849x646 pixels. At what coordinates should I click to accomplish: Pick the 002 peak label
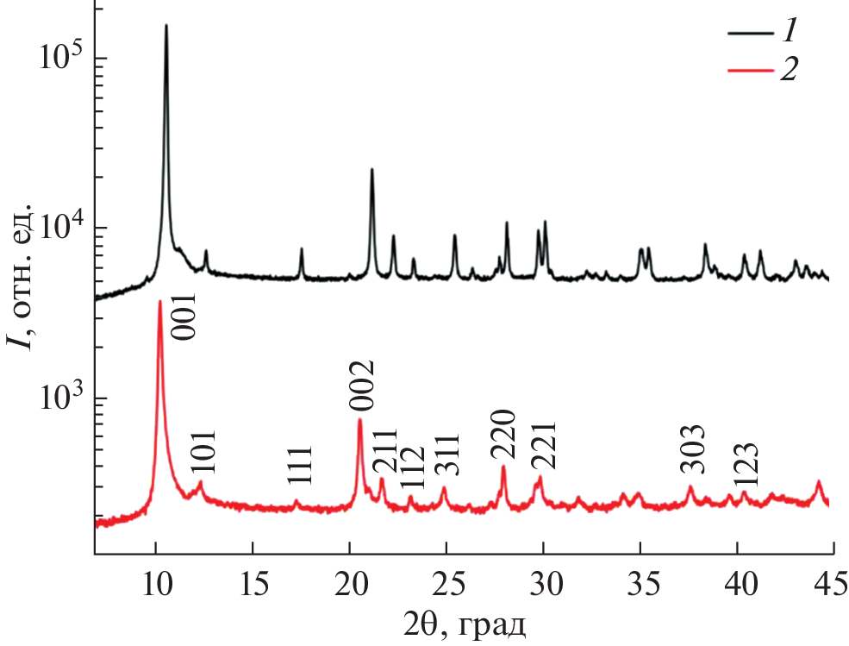360,387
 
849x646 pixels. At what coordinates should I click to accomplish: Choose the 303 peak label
692,448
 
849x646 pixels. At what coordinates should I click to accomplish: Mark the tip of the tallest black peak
166,25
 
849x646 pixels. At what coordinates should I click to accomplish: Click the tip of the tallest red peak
160,301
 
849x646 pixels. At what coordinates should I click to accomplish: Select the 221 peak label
544,445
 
